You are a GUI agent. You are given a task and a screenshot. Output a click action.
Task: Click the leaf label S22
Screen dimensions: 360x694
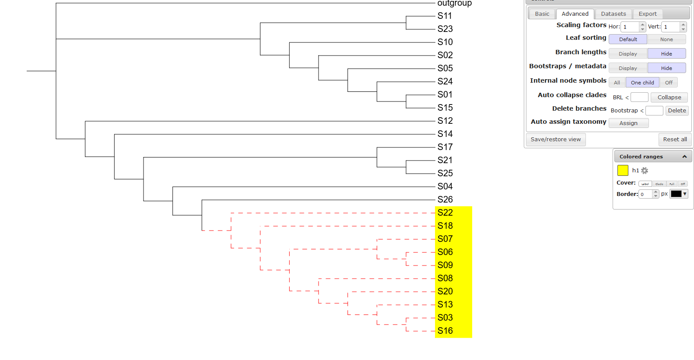point(445,213)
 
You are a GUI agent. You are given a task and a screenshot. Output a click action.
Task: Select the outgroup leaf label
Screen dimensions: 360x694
point(454,3)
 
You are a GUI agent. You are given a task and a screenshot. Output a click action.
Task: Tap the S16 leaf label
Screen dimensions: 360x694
point(445,331)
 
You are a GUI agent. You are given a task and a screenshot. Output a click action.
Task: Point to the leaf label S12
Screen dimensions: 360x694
point(445,121)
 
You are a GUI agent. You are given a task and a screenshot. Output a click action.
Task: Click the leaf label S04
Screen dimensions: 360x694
point(445,186)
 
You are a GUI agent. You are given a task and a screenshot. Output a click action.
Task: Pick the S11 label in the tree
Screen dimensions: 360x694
point(445,16)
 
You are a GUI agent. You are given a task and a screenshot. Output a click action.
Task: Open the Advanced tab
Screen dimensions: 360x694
point(575,14)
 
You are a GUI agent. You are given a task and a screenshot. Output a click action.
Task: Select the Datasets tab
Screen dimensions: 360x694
point(613,14)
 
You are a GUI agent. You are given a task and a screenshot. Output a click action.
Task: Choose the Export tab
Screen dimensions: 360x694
point(647,14)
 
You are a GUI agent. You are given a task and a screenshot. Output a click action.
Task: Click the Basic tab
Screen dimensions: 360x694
point(542,14)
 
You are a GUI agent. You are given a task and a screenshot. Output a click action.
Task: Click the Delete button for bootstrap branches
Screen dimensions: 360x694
point(676,111)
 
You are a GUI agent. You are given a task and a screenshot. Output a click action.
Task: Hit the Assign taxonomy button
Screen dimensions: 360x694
point(628,123)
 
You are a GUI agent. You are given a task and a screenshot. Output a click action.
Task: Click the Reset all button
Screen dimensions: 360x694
point(675,140)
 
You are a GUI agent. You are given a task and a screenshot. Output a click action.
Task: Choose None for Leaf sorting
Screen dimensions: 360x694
point(666,39)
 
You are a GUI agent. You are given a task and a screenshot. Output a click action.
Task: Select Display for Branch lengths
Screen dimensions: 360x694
point(627,54)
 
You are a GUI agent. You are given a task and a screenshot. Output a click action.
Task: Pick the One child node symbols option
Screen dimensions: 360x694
point(642,83)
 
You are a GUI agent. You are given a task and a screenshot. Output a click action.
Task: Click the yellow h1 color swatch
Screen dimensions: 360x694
point(622,171)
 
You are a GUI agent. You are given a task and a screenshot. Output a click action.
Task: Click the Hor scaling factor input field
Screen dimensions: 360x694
point(630,27)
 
